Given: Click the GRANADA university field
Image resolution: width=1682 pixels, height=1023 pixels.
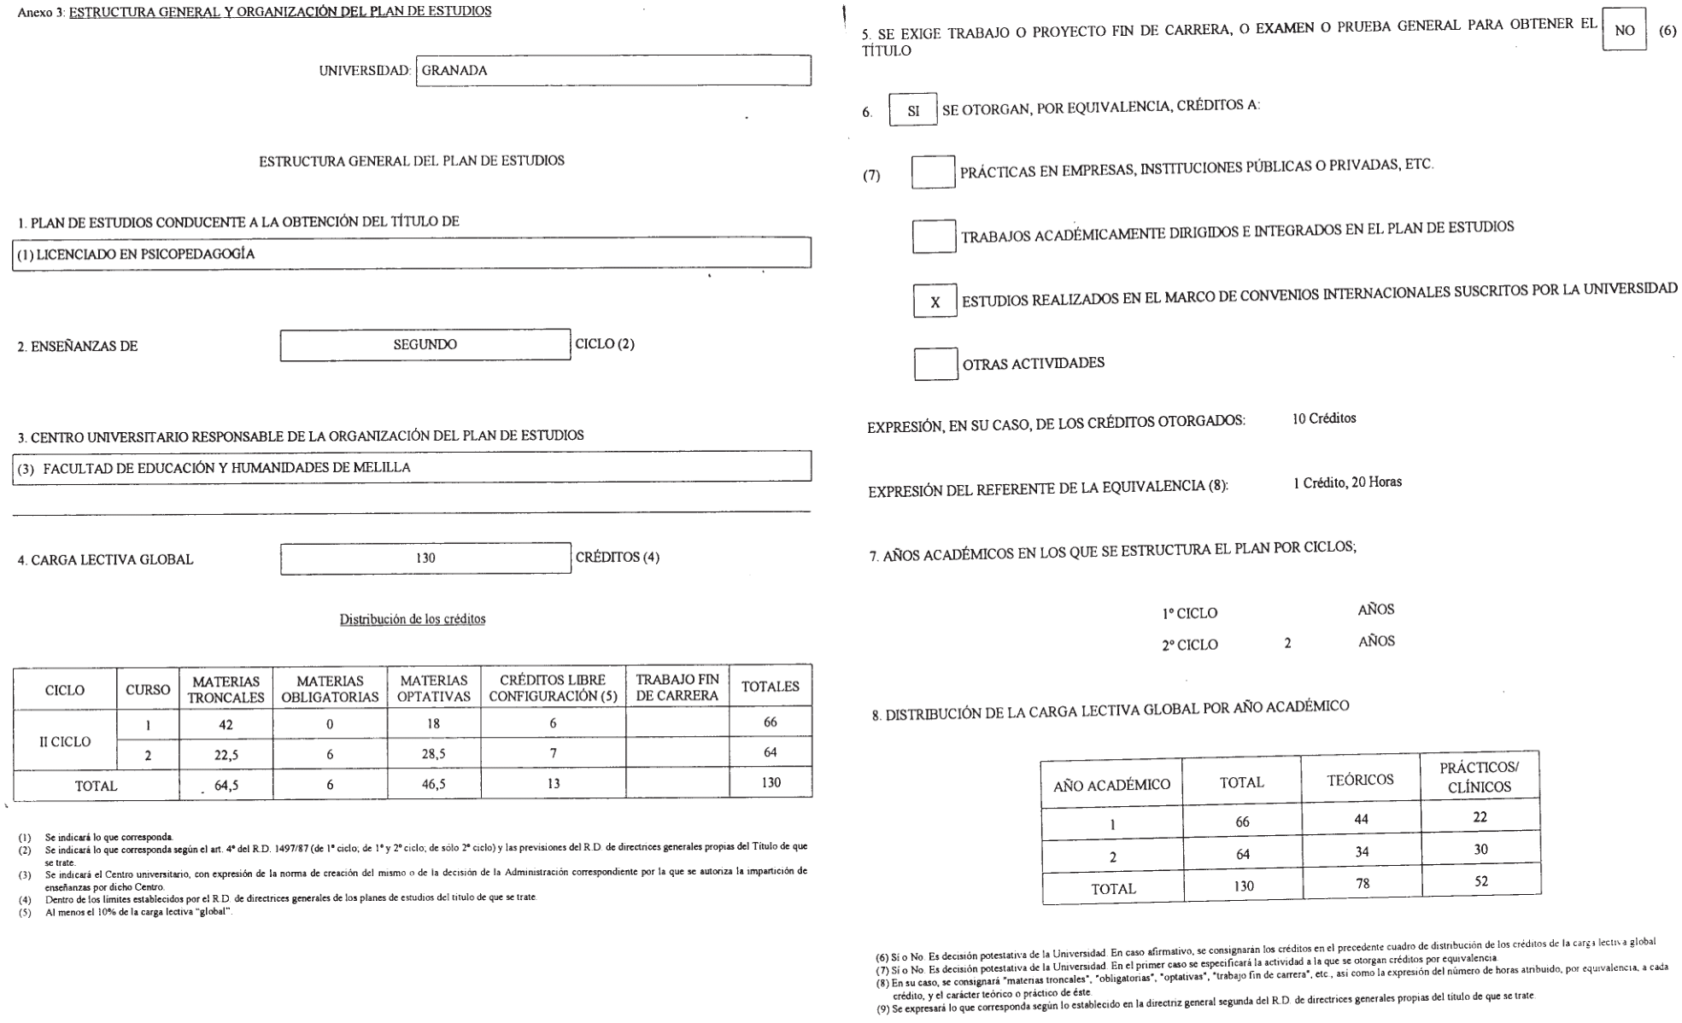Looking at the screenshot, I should point(612,71).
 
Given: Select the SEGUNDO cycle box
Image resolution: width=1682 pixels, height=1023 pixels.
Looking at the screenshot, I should point(425,345).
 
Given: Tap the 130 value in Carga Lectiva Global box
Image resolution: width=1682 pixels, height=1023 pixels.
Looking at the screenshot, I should point(425,558).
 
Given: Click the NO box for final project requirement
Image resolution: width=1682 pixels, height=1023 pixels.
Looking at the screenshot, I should point(1624,31).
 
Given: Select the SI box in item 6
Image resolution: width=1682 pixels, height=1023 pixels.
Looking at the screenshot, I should point(913,111).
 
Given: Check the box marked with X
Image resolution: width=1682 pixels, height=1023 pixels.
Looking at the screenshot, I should point(935,302).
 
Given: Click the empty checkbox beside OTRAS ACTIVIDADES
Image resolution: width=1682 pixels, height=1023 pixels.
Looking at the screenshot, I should point(935,365).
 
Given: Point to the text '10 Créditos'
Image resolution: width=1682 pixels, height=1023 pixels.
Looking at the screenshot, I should point(1324,418).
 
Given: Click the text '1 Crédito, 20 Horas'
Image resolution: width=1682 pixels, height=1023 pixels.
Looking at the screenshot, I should point(1347,482).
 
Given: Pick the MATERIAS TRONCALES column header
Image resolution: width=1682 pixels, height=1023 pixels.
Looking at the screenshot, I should point(226,689).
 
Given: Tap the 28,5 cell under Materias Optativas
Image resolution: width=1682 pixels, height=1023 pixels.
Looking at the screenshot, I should point(433,754).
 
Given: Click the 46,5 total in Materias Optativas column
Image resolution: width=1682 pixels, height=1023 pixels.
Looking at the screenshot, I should point(433,784).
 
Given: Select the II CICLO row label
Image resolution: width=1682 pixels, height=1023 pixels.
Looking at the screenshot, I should point(65,742).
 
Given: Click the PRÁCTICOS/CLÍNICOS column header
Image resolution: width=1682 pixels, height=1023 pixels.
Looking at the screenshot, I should point(1480,777).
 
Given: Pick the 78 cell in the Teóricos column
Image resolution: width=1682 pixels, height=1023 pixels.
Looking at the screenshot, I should point(1362,884).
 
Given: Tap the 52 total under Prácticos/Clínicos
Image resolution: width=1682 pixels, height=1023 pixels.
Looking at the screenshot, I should point(1481,881).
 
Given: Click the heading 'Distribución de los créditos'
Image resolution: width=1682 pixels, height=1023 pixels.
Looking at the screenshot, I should point(413,619).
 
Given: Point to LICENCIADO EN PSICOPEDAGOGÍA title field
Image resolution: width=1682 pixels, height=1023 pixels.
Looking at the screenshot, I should point(411,254).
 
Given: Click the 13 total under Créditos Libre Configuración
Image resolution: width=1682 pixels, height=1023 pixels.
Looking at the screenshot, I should point(553,783).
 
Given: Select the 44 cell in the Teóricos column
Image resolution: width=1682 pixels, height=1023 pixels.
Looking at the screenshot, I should point(1361,819).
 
